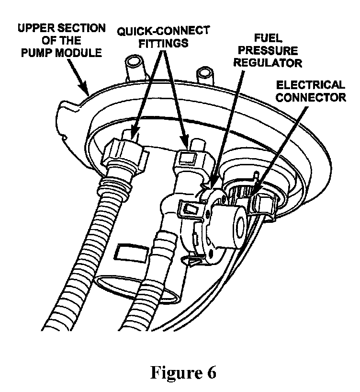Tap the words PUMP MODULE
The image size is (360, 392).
click(61, 53)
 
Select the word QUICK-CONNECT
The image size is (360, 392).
click(163, 31)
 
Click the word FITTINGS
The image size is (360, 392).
click(163, 43)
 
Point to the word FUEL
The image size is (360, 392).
click(268, 38)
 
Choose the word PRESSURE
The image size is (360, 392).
click(268, 50)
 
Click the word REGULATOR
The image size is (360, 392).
click(268, 63)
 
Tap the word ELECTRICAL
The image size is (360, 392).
click(311, 85)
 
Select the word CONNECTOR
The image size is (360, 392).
click(311, 97)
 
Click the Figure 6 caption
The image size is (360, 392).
click(183, 372)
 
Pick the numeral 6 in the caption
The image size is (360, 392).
click(211, 372)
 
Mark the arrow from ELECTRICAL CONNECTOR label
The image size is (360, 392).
click(280, 150)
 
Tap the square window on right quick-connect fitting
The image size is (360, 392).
click(187, 159)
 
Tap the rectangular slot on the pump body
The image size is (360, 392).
click(130, 253)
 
